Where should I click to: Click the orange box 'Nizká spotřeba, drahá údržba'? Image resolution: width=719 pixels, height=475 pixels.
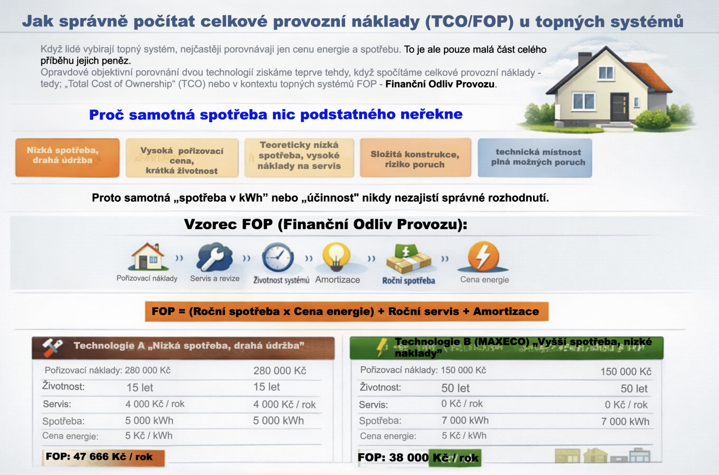point(67,157)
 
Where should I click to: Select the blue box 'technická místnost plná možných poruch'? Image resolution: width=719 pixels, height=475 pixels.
point(535,158)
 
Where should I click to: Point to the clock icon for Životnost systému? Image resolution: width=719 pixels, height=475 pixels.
point(278,258)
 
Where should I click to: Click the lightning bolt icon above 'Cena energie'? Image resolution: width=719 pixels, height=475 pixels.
point(483,257)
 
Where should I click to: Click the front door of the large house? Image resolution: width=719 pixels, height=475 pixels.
point(619,107)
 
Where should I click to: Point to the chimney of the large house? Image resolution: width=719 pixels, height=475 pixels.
point(585,58)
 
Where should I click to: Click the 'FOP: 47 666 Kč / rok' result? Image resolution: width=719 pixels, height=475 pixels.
point(99,457)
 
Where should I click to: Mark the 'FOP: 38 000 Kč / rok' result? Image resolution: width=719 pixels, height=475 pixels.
point(418,458)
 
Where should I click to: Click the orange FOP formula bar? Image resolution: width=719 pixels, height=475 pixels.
point(346,311)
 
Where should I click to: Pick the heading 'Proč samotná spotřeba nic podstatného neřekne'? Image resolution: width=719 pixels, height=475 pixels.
point(276,115)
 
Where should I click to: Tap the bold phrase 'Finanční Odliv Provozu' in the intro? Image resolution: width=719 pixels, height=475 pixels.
point(440,84)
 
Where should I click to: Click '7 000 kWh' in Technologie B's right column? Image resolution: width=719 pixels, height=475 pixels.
point(625,421)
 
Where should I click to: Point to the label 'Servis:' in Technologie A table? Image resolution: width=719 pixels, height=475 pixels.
point(57,404)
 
